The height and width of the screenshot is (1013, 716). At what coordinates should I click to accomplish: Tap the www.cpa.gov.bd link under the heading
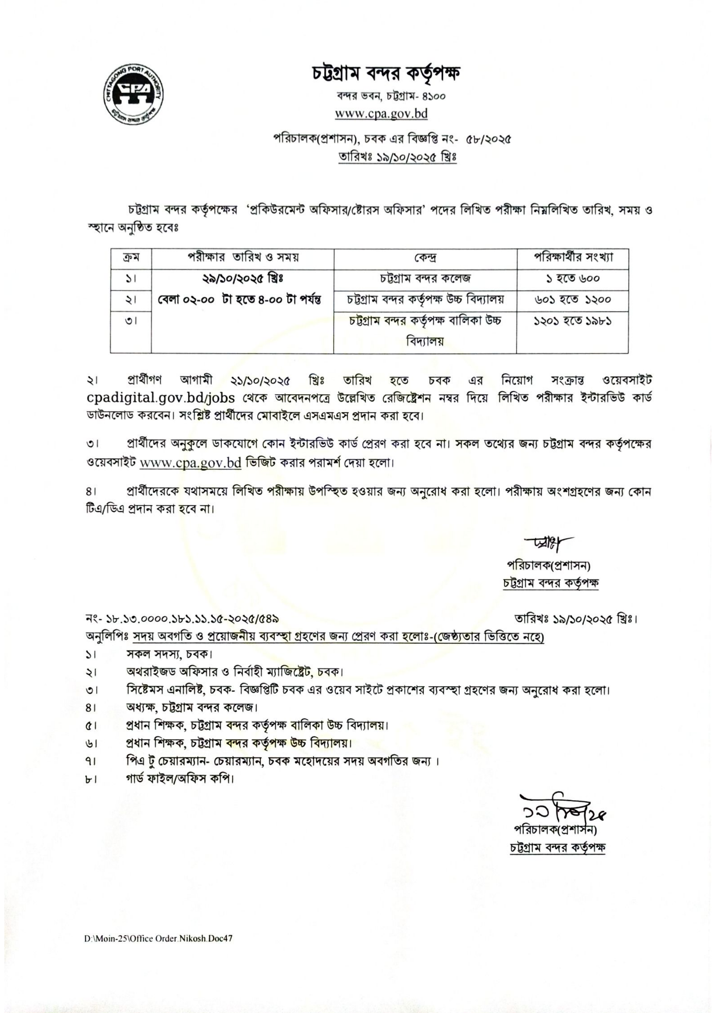pyautogui.click(x=381, y=113)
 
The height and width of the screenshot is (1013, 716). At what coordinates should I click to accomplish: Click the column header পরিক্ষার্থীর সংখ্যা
pyautogui.click(x=572, y=258)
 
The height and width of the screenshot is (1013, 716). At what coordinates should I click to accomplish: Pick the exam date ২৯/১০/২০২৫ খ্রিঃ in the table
pyautogui.click(x=242, y=279)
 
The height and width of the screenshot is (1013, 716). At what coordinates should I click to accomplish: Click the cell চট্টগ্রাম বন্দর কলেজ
pyautogui.click(x=425, y=279)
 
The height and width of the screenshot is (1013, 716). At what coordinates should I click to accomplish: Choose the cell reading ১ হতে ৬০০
pyautogui.click(x=572, y=279)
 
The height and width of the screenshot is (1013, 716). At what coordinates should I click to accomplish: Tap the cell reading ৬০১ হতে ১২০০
pyautogui.click(x=572, y=300)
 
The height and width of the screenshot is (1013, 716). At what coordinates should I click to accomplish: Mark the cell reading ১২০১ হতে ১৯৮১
pyautogui.click(x=572, y=321)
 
